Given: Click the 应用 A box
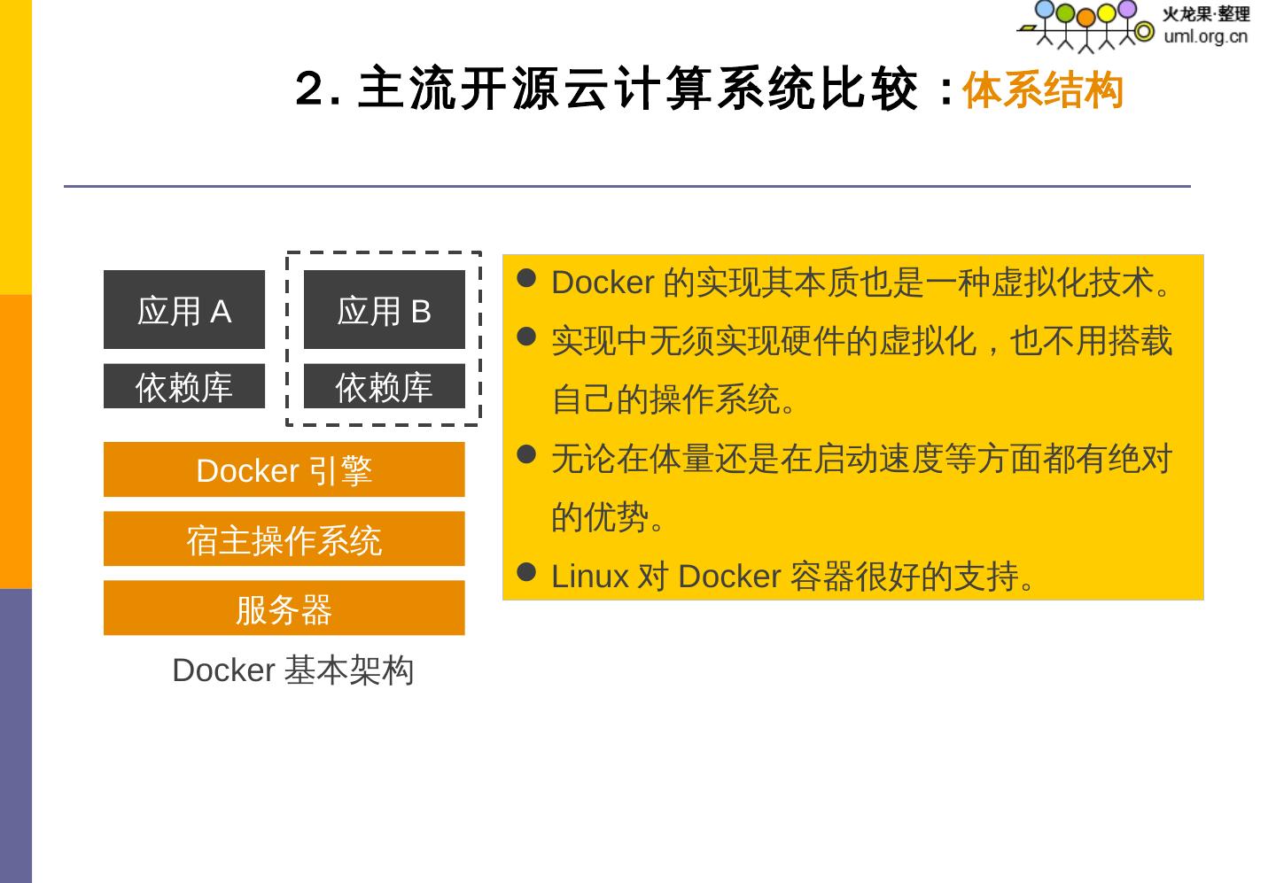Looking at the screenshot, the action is pyautogui.click(x=184, y=310).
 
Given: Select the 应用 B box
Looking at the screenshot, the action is pyautogui.click(x=384, y=310).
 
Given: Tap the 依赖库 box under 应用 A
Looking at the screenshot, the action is pyautogui.click(x=184, y=386).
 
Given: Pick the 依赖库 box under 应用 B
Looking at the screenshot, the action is pyautogui.click(x=384, y=386).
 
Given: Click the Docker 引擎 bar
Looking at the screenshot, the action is pyautogui.click(x=284, y=469).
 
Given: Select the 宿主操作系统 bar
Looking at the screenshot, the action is pyautogui.click(x=284, y=538).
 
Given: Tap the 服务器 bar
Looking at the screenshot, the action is pyautogui.click(x=284, y=608).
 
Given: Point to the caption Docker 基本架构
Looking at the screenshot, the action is pyautogui.click(x=292, y=670).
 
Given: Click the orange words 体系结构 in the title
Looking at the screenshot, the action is pyautogui.click(x=1042, y=90).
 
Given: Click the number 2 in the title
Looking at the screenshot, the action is pyautogui.click(x=310, y=89).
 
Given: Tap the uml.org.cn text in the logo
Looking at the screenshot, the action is pyautogui.click(x=1205, y=36).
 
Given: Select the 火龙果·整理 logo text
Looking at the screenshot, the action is pyautogui.click(x=1205, y=14).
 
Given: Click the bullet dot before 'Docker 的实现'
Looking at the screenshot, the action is pyautogui.click(x=526, y=278).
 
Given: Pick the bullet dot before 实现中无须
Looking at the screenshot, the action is pyautogui.click(x=526, y=337).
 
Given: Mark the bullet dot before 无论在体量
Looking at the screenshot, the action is pyautogui.click(x=526, y=454).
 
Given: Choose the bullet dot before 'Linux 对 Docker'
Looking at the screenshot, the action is pyautogui.click(x=526, y=572).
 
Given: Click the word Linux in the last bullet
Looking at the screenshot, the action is pyautogui.click(x=589, y=577).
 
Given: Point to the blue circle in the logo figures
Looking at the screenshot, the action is pyautogui.click(x=1045, y=9).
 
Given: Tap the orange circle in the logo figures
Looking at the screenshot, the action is pyautogui.click(x=1085, y=17).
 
